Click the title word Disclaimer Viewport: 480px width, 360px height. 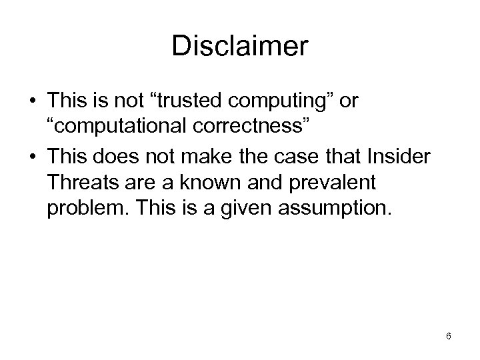[x=240, y=46]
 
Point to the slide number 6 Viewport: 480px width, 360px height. [x=449, y=336]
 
